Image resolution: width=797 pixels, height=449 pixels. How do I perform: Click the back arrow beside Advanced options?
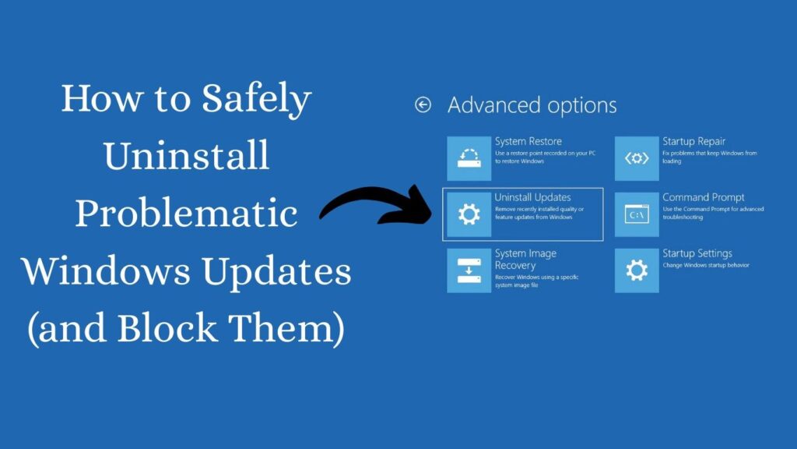[x=423, y=105]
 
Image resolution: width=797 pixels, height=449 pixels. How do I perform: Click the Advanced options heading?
[x=532, y=105]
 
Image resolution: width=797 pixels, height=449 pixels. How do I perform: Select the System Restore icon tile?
[x=469, y=158]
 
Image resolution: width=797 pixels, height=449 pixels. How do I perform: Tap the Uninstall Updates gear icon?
[x=469, y=214]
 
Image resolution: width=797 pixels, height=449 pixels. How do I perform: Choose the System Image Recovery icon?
[x=469, y=270]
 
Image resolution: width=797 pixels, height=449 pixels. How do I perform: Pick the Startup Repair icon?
[x=637, y=158]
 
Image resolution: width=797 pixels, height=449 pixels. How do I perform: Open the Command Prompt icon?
[x=637, y=214]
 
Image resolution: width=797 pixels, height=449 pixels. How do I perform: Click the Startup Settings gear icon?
[x=637, y=270]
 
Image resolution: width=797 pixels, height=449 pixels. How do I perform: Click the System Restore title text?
[x=528, y=142]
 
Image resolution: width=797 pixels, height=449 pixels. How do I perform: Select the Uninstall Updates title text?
[x=532, y=198]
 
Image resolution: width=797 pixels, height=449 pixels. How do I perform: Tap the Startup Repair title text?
[x=693, y=142]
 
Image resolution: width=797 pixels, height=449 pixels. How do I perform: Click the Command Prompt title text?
[x=703, y=198]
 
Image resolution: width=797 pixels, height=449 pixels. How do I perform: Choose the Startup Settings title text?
[x=697, y=254]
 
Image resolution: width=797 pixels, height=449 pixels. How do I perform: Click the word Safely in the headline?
[x=257, y=100]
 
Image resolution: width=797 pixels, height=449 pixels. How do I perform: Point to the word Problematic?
[x=186, y=214]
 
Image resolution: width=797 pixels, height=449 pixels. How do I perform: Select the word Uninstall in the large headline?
[x=186, y=157]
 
